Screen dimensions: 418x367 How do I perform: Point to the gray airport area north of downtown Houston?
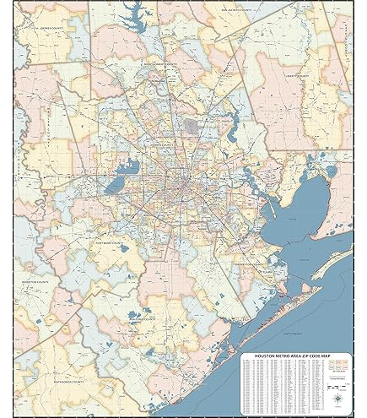click(x=192, y=128)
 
